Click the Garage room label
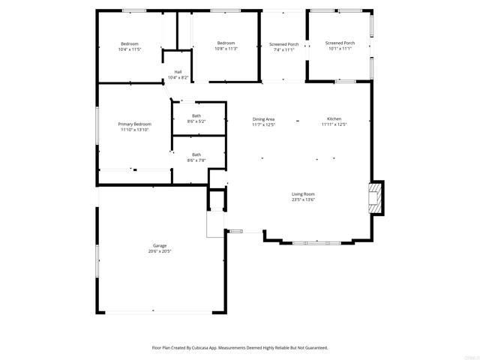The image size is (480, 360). pos(160,246)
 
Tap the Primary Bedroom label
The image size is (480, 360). pos(135,124)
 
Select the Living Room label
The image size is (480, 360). pos(304,194)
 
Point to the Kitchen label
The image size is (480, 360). pos(334,119)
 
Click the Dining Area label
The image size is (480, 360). pos(263,119)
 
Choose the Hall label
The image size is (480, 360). pos(178,72)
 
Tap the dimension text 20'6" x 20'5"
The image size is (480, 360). pos(160,251)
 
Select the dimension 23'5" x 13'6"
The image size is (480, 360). pos(304,199)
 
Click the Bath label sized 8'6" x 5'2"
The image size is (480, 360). pos(196,115)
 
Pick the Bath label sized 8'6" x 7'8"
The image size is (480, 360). pos(196,154)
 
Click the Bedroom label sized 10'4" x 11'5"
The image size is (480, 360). pos(129,44)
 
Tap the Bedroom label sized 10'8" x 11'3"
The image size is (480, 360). pos(226,43)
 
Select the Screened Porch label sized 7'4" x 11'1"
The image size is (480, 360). pos(283,44)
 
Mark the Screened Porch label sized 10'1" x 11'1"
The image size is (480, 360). pos(340,43)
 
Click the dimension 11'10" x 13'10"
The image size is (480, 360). pos(135,130)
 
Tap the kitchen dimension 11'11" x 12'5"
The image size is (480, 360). pos(334,124)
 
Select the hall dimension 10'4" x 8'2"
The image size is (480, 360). pos(178,77)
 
